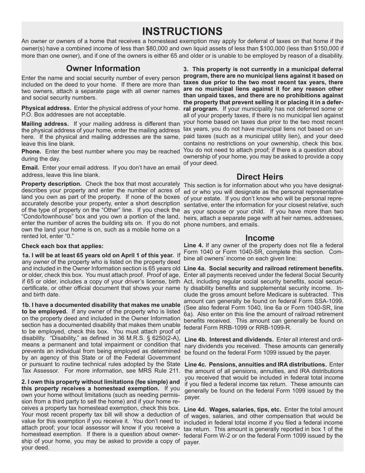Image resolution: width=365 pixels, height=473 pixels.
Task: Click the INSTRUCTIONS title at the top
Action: (x=182, y=31)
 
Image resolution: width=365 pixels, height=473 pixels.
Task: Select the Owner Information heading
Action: (x=103, y=68)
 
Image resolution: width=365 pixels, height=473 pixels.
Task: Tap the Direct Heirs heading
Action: (x=260, y=177)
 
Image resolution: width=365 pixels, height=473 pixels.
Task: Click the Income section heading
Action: (x=260, y=238)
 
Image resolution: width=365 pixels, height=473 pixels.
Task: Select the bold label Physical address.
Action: (x=46, y=108)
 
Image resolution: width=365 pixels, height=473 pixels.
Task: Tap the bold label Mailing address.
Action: (x=45, y=124)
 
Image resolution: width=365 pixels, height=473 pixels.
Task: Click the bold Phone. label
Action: (x=32, y=152)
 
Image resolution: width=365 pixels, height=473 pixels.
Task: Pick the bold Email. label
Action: (x=31, y=168)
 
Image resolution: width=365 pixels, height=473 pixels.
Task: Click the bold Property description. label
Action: (x=51, y=184)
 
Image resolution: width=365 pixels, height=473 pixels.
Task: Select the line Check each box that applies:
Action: (x=62, y=246)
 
